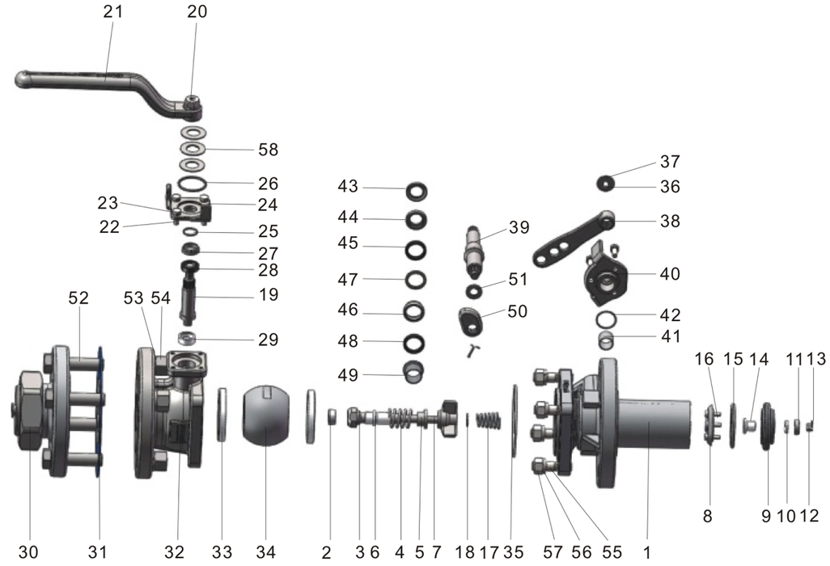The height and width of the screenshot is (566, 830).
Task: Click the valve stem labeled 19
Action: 193,295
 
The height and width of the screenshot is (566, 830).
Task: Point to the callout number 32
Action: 175,552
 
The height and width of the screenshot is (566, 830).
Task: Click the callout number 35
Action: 514,552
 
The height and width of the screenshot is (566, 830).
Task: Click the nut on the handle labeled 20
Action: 192,103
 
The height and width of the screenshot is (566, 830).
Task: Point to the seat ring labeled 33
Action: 222,415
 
